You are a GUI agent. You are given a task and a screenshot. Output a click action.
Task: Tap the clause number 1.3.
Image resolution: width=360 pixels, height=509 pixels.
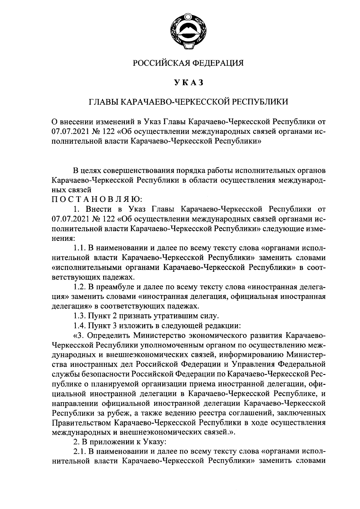[79, 316]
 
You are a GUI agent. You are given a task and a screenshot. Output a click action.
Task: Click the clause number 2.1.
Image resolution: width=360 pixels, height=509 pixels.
[79, 452]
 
